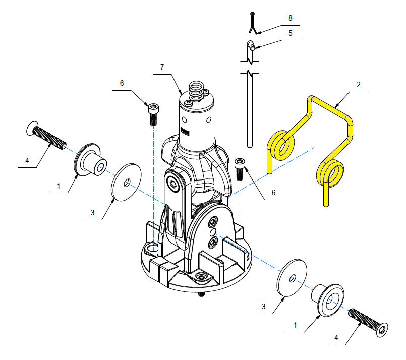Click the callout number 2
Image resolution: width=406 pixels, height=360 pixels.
[359, 85]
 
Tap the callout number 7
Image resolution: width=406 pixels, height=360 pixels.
[162, 67]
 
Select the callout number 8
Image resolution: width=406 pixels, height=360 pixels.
[291, 18]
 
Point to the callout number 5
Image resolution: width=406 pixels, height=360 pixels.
[291, 33]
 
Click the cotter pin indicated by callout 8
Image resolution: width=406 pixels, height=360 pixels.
[253, 23]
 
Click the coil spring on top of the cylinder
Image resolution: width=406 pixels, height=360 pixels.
[197, 91]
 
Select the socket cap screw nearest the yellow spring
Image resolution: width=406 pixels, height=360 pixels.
[240, 169]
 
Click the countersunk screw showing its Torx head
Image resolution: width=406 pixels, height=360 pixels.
[368, 323]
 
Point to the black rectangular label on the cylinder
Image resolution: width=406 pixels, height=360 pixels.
[185, 132]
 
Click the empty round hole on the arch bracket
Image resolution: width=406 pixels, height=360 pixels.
[213, 231]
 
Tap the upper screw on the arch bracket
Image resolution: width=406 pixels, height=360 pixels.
[213, 221]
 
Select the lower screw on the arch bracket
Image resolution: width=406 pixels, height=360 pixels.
[212, 242]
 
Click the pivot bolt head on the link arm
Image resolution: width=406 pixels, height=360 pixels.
[172, 183]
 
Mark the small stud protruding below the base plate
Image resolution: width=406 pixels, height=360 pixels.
[201, 294]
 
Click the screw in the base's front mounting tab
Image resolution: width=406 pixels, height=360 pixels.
[201, 277]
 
